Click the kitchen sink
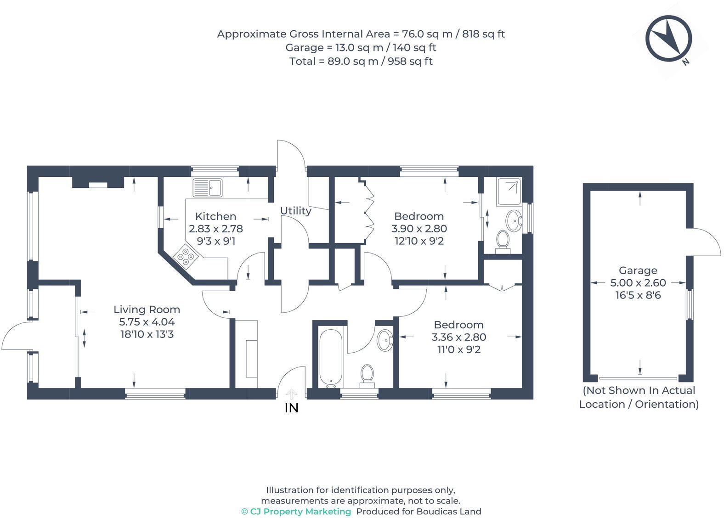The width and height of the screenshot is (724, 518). pos(208,187)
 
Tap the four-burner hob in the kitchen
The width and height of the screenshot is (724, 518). pos(186,257)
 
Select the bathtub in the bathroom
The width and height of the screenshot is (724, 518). pos(331,358)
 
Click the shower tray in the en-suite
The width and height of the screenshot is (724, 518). pos(509,191)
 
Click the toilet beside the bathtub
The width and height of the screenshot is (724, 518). pos(367,376)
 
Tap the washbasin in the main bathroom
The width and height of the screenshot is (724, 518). pos(385,340)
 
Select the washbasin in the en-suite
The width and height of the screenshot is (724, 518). pos(514,221)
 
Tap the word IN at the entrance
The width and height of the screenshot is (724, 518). pos(291,408)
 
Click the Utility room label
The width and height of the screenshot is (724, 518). pos(295,211)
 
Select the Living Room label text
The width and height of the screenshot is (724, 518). pos(147,310)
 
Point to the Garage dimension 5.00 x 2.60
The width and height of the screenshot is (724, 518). pos(638,283)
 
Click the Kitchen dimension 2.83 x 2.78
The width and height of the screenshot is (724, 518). pos(215,229)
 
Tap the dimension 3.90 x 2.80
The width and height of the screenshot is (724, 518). pos(419,229)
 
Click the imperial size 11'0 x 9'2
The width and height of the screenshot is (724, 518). pos(458,349)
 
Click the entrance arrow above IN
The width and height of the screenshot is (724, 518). pos(291,394)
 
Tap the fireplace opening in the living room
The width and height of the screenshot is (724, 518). pos(98,185)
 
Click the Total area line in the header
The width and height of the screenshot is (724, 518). pos(361,61)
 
